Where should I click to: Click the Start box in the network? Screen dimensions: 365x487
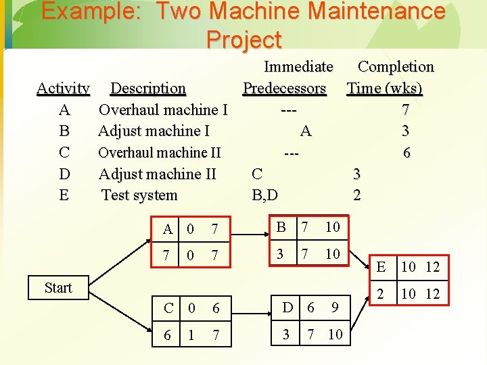tap(58, 288)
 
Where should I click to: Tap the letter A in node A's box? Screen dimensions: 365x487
tap(168, 230)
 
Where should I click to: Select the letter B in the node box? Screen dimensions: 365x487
tap(281, 227)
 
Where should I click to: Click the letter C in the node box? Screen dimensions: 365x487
tap(168, 309)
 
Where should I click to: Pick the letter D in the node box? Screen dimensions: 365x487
tap(288, 308)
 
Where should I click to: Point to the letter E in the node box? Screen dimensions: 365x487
tap(381, 267)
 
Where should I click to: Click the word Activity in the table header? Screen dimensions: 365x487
tap(63, 89)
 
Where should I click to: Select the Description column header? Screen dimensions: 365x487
tap(148, 89)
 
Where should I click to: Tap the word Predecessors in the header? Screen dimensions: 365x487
tap(284, 89)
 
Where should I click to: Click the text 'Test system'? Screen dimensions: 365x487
tap(139, 195)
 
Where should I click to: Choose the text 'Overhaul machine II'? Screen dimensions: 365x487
tap(160, 153)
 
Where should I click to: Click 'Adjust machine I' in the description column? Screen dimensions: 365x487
tap(154, 131)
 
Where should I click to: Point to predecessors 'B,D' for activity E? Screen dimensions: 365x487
tap(264, 195)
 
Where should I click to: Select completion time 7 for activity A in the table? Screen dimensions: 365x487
tap(405, 109)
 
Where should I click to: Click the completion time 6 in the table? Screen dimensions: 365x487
tap(406, 153)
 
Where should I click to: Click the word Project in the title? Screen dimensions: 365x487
tap(243, 40)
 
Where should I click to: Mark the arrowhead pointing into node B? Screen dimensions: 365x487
tap(266, 230)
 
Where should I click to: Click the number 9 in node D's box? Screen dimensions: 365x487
tap(334, 308)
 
